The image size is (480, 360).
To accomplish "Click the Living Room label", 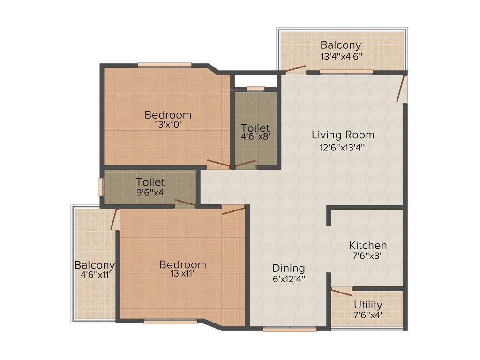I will [x=343, y=135].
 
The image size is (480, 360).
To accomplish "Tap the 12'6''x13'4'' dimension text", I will [x=343, y=147].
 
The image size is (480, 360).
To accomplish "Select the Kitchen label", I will [x=368, y=245].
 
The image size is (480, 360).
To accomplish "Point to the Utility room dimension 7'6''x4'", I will [x=368, y=315].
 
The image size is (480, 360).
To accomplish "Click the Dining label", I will [x=289, y=268].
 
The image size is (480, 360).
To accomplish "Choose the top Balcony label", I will [x=341, y=45].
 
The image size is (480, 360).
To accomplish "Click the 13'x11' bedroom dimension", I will [x=182, y=274].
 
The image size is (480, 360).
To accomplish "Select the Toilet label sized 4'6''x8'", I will [x=255, y=127].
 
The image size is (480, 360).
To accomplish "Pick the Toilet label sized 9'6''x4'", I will [x=150, y=182].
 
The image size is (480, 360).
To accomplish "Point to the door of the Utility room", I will [x=341, y=292].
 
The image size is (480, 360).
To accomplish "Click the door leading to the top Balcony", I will [x=295, y=70].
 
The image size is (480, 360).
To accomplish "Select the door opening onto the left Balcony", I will [x=113, y=219].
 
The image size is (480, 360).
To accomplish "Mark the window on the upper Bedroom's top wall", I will [x=165, y=65].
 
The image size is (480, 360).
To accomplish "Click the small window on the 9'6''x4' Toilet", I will [x=100, y=186].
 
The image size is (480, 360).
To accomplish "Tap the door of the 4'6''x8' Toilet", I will [x=245, y=164].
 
